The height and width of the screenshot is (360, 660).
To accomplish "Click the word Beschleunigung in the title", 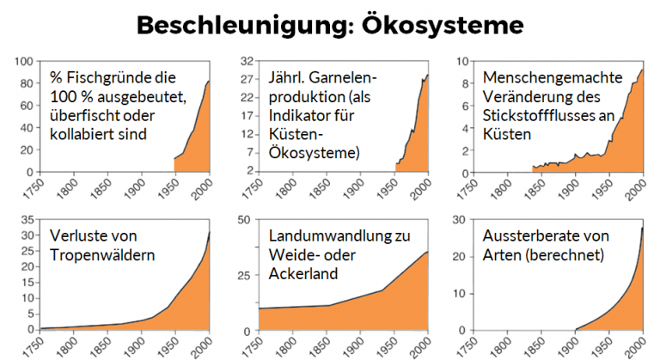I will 229,26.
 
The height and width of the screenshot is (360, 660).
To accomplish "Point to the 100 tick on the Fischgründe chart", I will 22,62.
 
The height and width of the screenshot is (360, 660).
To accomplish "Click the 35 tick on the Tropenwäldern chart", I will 25,219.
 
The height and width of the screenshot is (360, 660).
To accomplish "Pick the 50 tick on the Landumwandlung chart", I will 245,219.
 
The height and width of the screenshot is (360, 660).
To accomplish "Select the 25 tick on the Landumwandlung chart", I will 245,275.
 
